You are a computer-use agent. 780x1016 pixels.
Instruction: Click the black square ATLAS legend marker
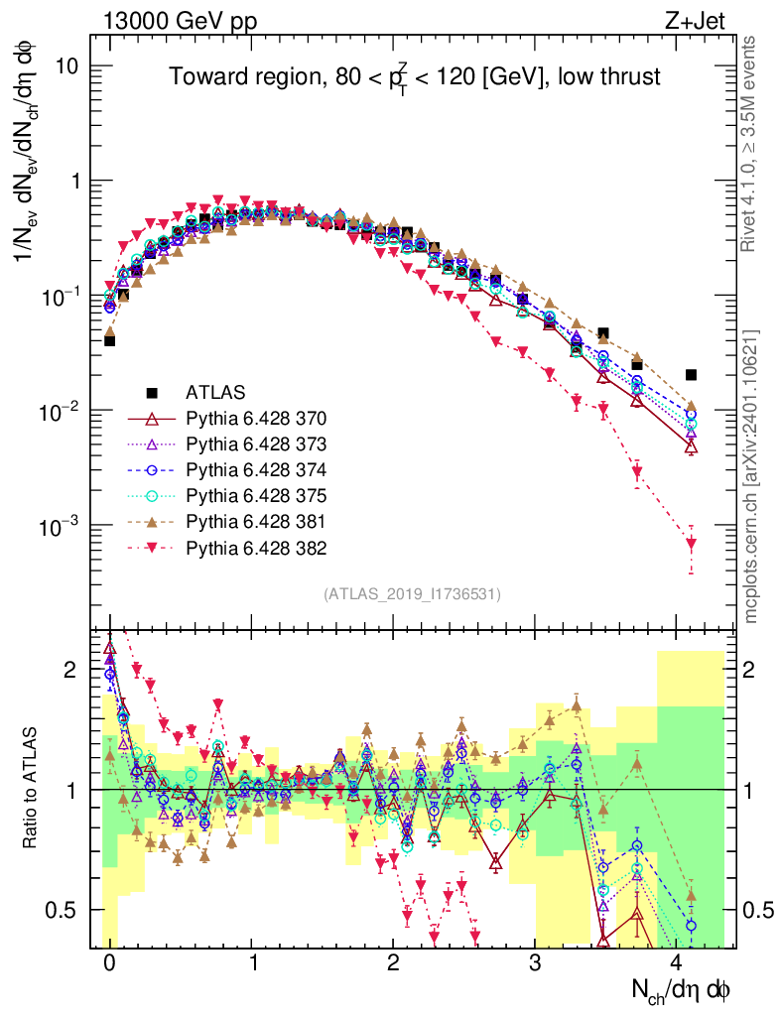152,392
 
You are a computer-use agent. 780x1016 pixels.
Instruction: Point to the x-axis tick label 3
535,963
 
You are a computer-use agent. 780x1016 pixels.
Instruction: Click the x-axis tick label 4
677,963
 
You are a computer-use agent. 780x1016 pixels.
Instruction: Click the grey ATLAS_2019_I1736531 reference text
412,594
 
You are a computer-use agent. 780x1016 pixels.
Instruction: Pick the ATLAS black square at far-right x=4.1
691,375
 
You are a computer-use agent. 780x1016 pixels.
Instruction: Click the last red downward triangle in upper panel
691,544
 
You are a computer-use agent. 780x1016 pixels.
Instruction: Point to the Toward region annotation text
414,76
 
